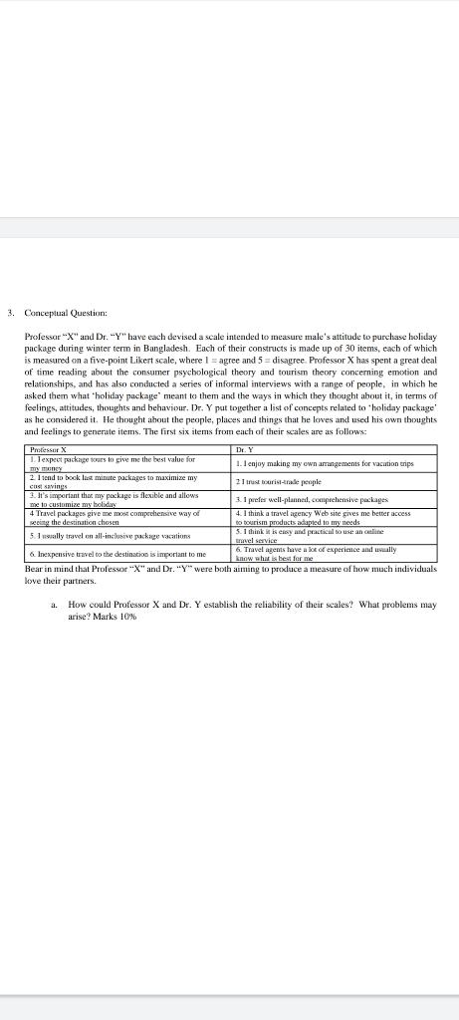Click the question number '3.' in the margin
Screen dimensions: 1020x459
point(10,313)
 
